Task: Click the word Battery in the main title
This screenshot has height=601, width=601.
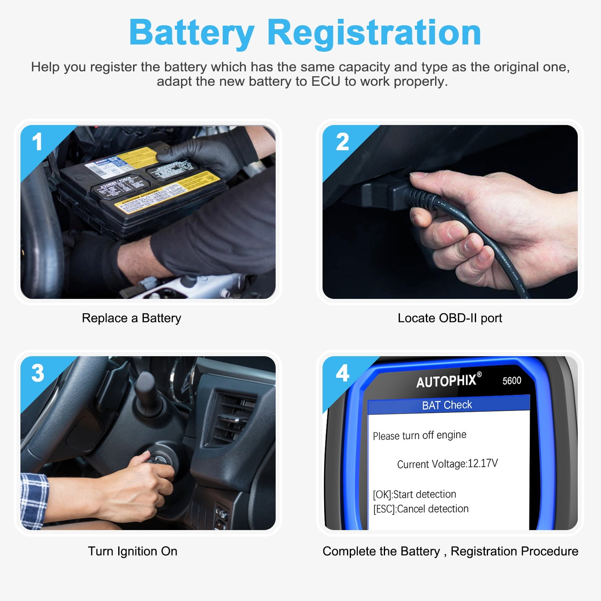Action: (x=192, y=33)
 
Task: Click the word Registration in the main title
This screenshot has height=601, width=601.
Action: (x=374, y=33)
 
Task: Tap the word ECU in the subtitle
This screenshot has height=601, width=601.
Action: (x=326, y=81)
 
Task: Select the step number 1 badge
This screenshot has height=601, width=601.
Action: (x=37, y=142)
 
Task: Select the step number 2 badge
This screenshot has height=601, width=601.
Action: (x=342, y=142)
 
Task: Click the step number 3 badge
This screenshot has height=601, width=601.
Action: (x=38, y=373)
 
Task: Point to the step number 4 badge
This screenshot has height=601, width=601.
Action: (x=343, y=373)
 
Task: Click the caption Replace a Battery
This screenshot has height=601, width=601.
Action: (x=131, y=318)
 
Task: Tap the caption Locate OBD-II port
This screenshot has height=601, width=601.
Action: (x=450, y=318)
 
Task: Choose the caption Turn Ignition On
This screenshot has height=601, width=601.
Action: (x=133, y=551)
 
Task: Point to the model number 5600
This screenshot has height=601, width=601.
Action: (x=512, y=381)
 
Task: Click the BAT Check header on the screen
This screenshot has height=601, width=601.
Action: (x=447, y=405)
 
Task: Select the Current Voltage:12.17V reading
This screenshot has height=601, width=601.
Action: (x=447, y=464)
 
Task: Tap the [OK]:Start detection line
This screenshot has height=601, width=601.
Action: (x=414, y=494)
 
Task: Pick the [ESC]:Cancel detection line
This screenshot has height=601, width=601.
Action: (x=421, y=509)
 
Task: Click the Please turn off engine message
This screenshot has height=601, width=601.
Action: (x=419, y=435)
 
